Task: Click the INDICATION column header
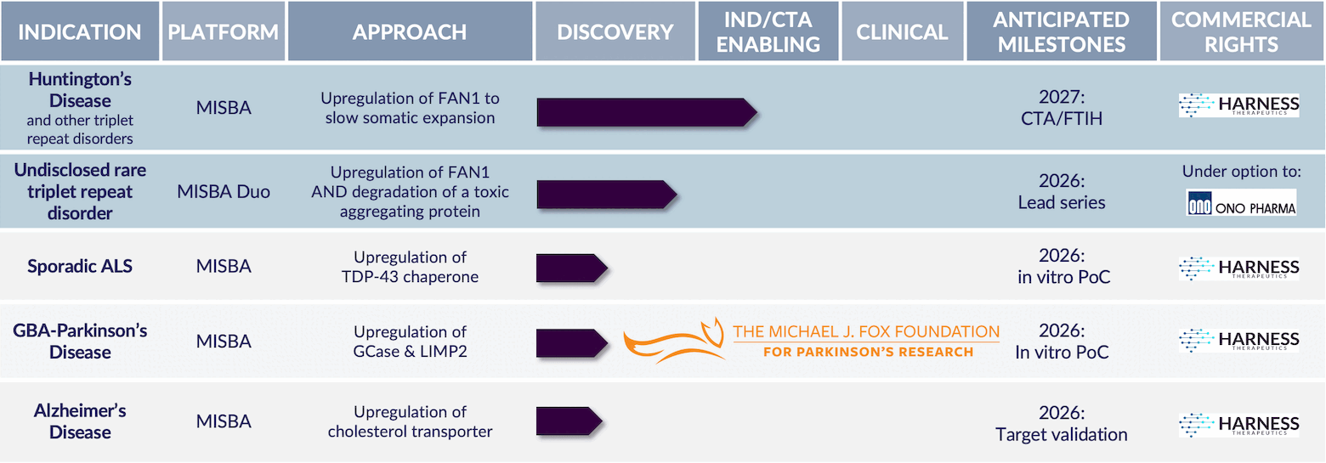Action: tap(80, 31)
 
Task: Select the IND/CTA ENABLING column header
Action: tap(768, 31)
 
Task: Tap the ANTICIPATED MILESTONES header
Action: tap(1062, 31)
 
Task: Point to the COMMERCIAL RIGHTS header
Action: tap(1241, 31)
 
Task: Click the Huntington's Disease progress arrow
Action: tap(647, 112)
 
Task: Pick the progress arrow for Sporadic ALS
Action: tap(572, 268)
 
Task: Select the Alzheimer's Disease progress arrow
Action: tap(569, 421)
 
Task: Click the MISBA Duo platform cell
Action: tap(224, 192)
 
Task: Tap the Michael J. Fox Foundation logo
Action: tap(812, 341)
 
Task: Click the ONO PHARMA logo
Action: tap(1241, 203)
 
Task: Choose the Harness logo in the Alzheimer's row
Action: tap(1239, 425)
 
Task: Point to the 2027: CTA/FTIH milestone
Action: tap(1062, 108)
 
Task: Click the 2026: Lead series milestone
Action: tap(1062, 192)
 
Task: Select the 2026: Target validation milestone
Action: tap(1062, 423)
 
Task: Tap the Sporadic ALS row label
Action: tap(80, 266)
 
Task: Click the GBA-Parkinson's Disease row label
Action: tap(80, 342)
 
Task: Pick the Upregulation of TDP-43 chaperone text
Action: tap(411, 267)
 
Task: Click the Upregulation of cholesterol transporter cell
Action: tap(411, 421)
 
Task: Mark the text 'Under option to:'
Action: tap(1241, 172)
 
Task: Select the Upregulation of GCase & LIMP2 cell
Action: tap(411, 342)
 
